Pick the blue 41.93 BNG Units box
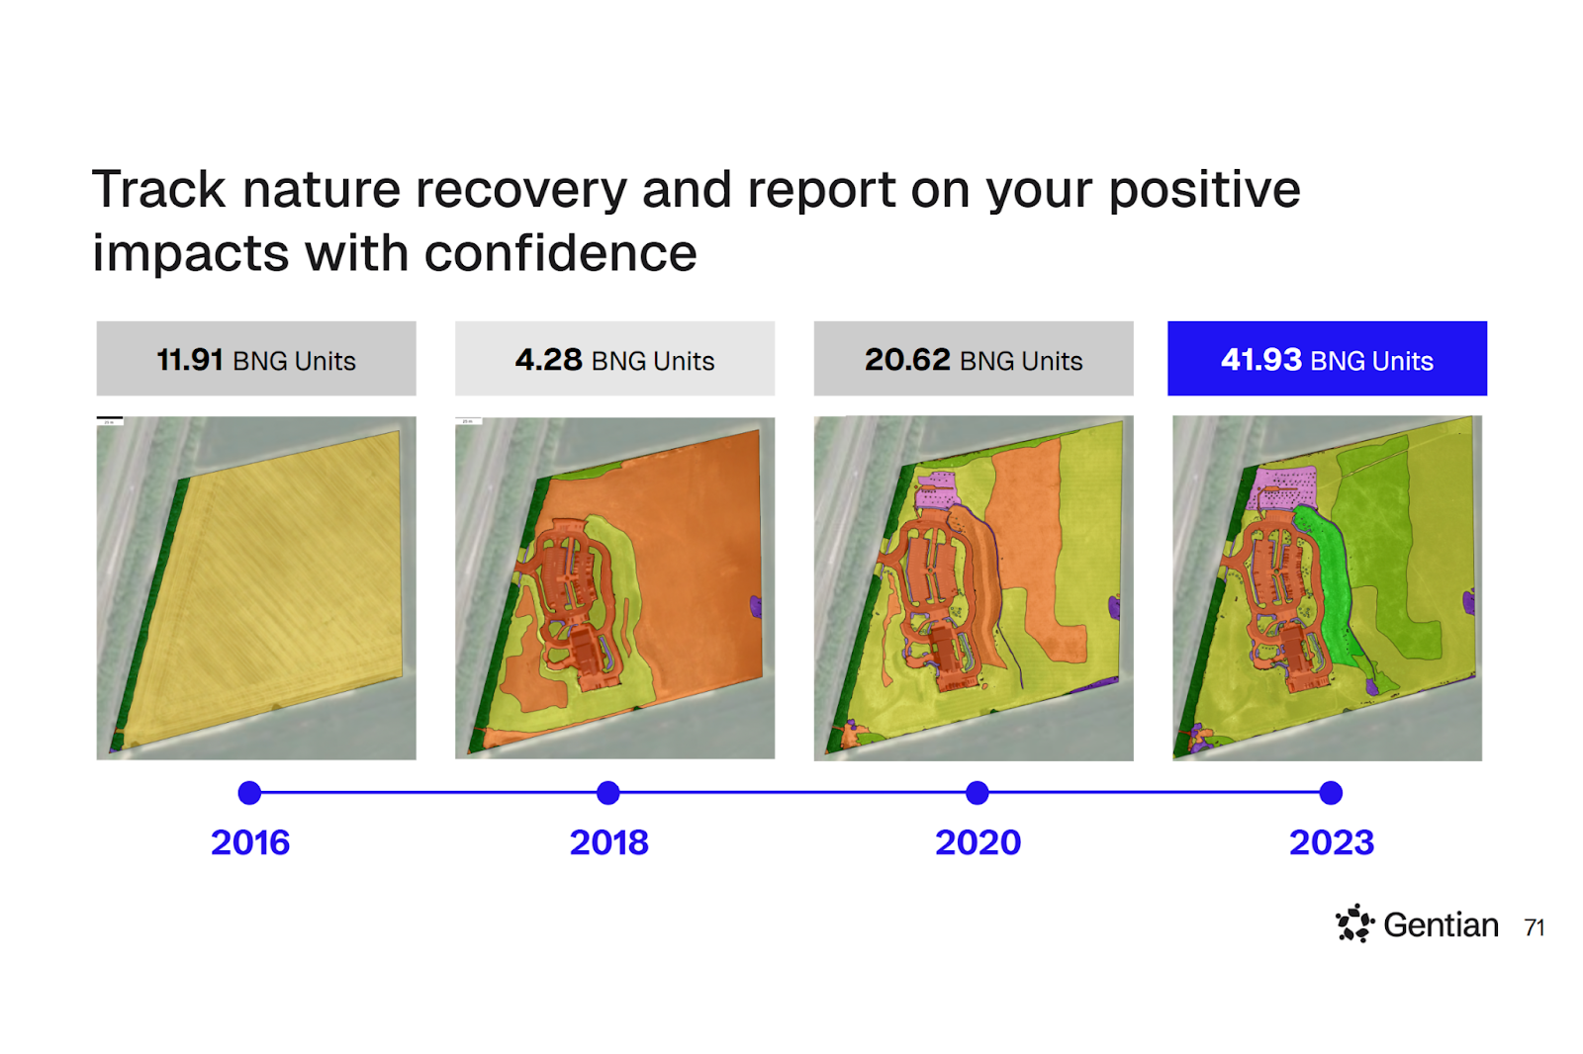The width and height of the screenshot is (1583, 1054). click(1327, 360)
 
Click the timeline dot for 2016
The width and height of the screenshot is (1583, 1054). click(249, 792)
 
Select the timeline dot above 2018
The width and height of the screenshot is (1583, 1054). click(608, 792)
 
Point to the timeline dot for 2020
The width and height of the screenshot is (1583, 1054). click(978, 792)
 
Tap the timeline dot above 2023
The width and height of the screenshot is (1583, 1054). click(1331, 792)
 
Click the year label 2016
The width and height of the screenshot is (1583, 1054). click(250, 842)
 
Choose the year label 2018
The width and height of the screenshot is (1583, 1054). click(608, 842)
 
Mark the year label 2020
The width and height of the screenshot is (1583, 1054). click(978, 842)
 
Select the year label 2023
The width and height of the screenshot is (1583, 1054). click(1332, 842)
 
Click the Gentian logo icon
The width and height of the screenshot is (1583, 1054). click(1354, 923)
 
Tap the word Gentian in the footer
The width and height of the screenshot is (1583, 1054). click(1441, 925)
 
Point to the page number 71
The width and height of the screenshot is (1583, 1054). click(1535, 927)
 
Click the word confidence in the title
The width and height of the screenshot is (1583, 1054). click(561, 253)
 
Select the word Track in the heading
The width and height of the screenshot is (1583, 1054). click(159, 189)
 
